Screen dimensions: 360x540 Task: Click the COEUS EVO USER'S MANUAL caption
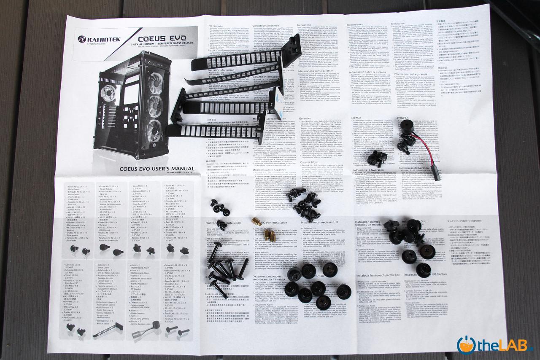(151, 169)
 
